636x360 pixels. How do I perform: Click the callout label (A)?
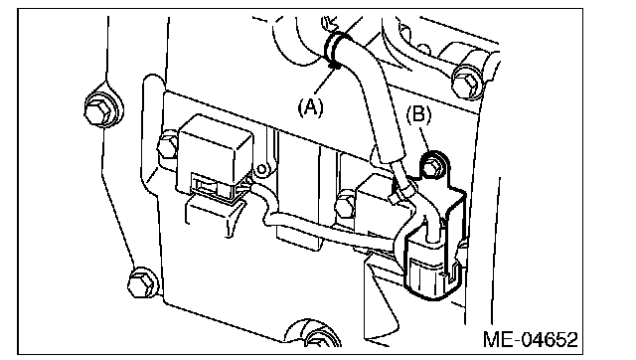click(311, 107)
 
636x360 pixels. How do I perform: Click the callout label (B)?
click(419, 114)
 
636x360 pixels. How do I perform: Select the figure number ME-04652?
click(530, 339)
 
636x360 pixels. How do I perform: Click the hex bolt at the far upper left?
click(100, 107)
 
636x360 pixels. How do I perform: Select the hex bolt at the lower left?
click(142, 282)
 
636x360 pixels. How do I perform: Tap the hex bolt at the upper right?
click(467, 82)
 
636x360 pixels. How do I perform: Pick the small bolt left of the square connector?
click(167, 144)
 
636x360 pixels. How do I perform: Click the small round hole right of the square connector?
click(262, 168)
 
